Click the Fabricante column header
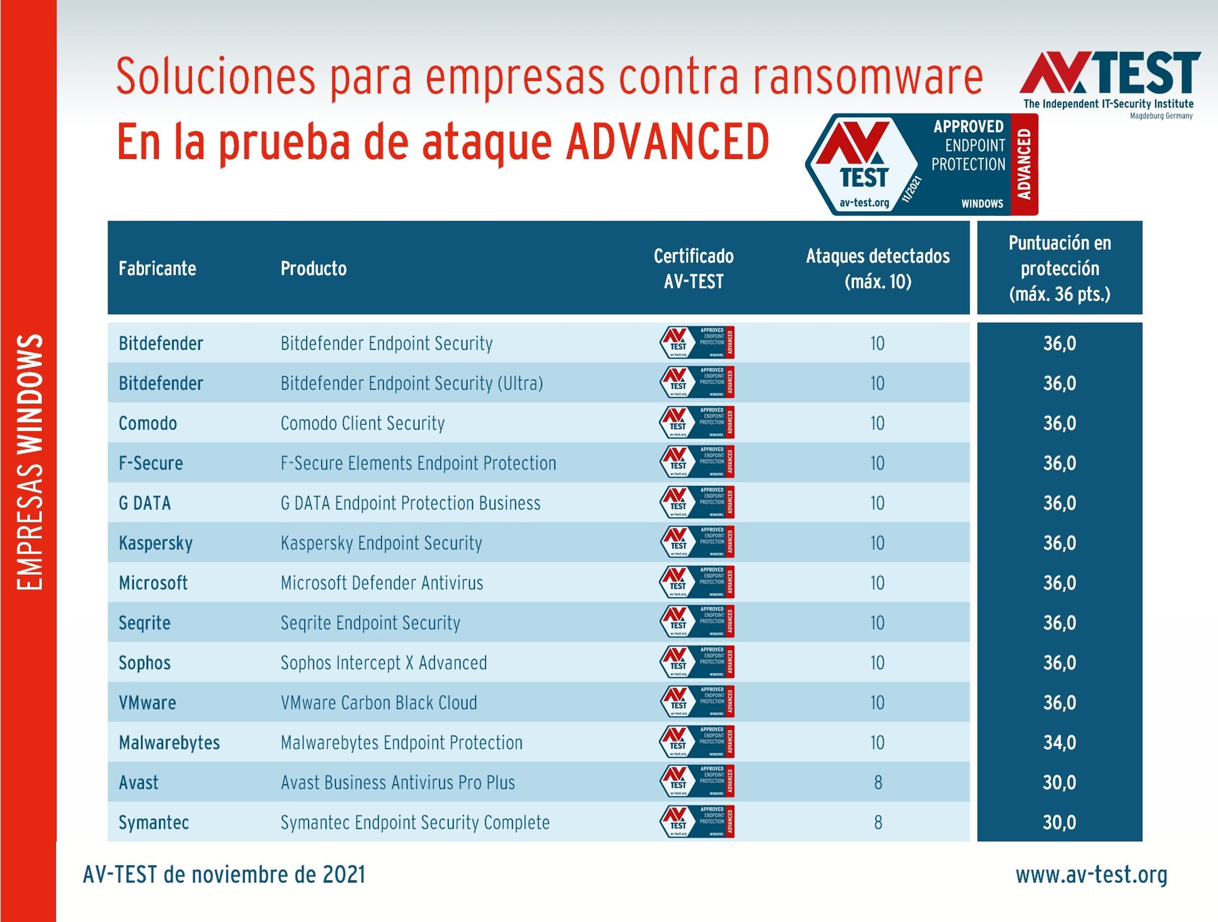[157, 269]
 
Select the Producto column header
[313, 269]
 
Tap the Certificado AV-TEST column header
[694, 269]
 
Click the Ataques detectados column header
[878, 269]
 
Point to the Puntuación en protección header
[1060, 269]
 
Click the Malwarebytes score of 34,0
[1060, 743]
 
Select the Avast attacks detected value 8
[878, 783]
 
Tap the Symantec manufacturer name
[154, 822]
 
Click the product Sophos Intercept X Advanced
[384, 663]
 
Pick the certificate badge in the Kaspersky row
[696, 542]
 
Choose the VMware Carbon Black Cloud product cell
[379, 703]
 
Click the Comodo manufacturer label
[148, 423]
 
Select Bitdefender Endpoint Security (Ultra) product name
[411, 383]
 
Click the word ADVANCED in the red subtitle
[668, 141]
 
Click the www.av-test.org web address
[1091, 875]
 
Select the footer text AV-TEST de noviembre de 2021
[224, 875]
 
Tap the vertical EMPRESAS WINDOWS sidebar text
[30, 462]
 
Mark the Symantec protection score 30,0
[1060, 822]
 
